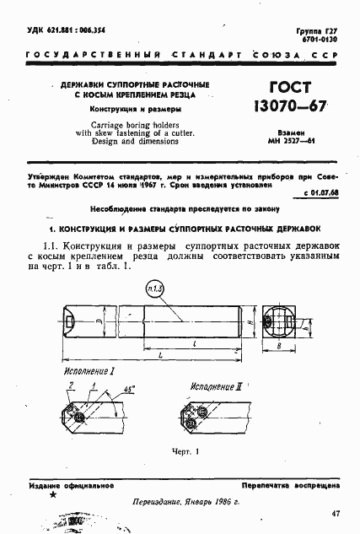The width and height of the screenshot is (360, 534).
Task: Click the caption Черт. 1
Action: (x=182, y=451)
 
